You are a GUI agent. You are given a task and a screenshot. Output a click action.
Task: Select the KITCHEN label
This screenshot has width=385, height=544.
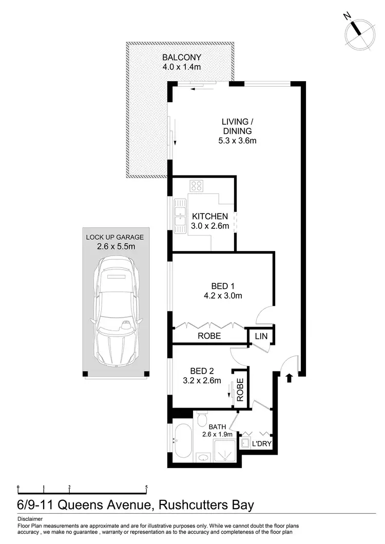click(210, 217)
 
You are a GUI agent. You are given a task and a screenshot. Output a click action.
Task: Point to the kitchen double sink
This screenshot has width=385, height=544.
click(179, 215)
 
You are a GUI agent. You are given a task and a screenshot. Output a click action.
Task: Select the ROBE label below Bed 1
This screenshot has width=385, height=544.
click(209, 336)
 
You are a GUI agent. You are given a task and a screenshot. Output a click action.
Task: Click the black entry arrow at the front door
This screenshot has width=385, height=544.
click(289, 378)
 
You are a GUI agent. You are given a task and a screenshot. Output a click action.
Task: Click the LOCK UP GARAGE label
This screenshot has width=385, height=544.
click(115, 237)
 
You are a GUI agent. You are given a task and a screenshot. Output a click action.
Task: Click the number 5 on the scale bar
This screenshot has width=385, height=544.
click(147, 487)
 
